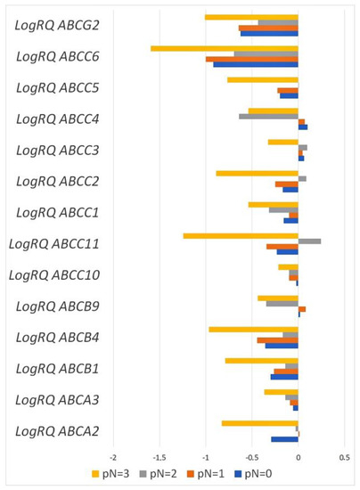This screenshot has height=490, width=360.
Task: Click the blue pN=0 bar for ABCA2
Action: point(284,438)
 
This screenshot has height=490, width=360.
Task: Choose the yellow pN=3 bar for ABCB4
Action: point(253,329)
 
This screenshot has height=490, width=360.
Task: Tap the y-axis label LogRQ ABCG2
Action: point(57,25)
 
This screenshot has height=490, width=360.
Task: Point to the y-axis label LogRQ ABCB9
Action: point(57,306)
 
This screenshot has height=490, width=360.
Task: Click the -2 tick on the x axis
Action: point(112,458)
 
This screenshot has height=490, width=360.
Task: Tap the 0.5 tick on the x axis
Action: point(344,458)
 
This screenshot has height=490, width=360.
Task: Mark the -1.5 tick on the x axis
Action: point(159,458)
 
